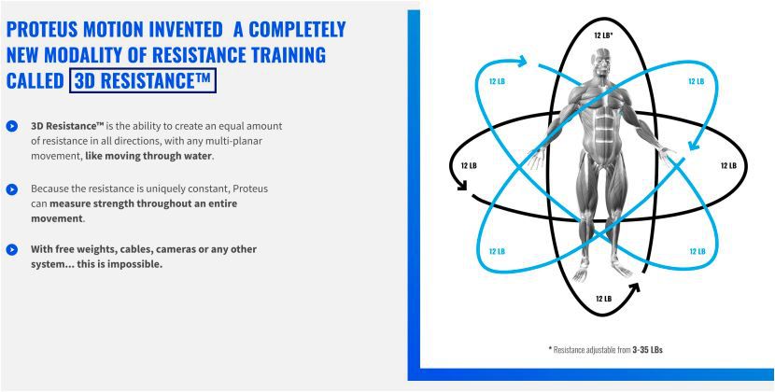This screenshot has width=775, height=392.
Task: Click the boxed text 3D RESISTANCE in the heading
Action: pyautogui.click(x=142, y=80)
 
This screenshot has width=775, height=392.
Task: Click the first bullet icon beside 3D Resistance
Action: pyautogui.click(x=12, y=126)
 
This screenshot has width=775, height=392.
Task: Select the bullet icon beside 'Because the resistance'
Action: pyautogui.click(x=12, y=189)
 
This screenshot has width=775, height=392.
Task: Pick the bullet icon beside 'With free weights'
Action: pyautogui.click(x=12, y=249)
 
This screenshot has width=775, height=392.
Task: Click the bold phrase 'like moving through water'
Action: pyautogui.click(x=148, y=156)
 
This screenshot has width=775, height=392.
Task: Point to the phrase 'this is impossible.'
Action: pyautogui.click(x=120, y=264)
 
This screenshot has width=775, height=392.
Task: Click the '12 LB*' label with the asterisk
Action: pyautogui.click(x=603, y=35)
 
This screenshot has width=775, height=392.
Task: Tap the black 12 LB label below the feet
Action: pyautogui.click(x=603, y=299)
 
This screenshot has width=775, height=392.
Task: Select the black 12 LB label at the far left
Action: pyautogui.click(x=469, y=165)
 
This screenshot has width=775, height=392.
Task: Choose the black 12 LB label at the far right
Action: pyautogui.click(x=728, y=165)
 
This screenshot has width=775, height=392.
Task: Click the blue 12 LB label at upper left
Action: pyautogui.click(x=498, y=81)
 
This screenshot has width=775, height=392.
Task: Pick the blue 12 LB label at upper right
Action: pyautogui.click(x=696, y=81)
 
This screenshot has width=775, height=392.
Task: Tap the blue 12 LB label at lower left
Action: pyautogui.click(x=498, y=252)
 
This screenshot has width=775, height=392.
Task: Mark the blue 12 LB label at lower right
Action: pyautogui.click(x=697, y=252)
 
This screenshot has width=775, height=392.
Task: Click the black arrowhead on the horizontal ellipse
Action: pyautogui.click(x=462, y=186)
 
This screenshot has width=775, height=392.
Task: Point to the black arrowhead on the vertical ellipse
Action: pyautogui.click(x=635, y=287)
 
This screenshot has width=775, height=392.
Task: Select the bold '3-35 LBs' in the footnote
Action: pyautogui.click(x=647, y=350)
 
